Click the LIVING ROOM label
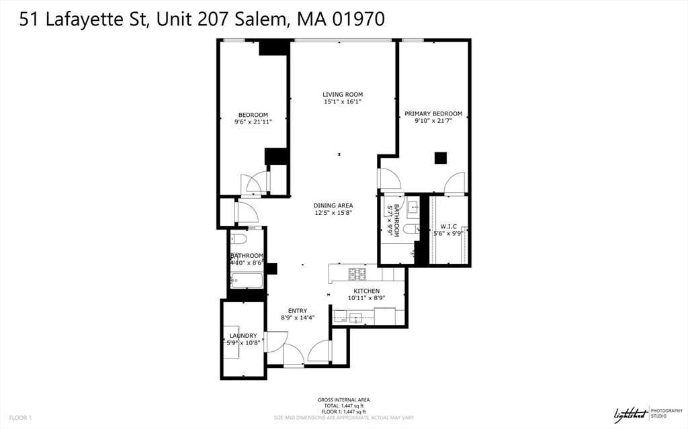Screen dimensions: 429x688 point(343,94)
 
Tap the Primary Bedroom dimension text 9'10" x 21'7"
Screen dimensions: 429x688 point(433,122)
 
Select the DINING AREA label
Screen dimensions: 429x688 point(333,205)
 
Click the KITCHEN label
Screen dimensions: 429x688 point(368,291)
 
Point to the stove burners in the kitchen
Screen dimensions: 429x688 point(355,274)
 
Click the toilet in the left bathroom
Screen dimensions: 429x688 point(239,239)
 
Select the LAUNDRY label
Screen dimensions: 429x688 point(243,335)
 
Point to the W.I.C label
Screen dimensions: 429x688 point(448,226)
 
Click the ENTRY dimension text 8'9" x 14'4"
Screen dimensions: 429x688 point(298,318)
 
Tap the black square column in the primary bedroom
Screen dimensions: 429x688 point(440,158)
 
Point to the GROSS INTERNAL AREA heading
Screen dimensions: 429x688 point(343,400)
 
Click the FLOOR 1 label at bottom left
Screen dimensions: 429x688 point(20,418)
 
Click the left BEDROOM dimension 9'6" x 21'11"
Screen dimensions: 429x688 point(253,122)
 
